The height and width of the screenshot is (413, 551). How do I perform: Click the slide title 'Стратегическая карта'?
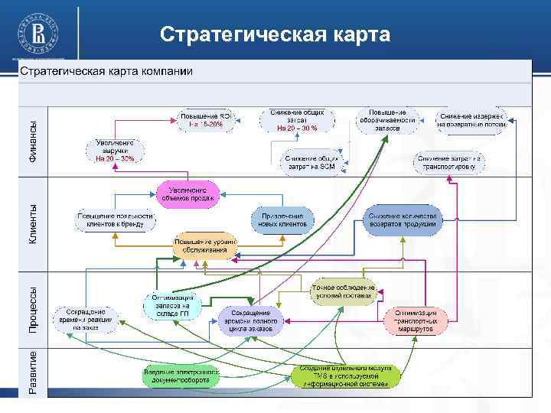click(275, 35)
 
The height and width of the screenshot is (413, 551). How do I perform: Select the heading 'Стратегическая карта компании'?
click(106, 71)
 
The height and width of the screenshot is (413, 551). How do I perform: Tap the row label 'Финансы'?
click(32, 141)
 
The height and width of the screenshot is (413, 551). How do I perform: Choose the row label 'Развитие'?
click(32, 372)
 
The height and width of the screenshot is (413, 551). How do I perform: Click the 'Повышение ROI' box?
click(204, 119)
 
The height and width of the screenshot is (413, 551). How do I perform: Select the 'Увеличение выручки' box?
click(115, 151)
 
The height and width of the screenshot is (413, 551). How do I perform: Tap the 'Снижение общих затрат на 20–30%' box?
click(298, 119)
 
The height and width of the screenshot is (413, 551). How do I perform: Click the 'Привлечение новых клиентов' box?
click(282, 220)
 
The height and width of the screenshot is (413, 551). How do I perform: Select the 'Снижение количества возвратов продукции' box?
click(402, 220)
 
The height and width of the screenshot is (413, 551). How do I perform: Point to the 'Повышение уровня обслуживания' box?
click(205, 246)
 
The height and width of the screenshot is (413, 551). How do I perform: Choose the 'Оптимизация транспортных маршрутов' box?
click(416, 321)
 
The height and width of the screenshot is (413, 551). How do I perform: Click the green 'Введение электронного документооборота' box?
click(181, 375)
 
